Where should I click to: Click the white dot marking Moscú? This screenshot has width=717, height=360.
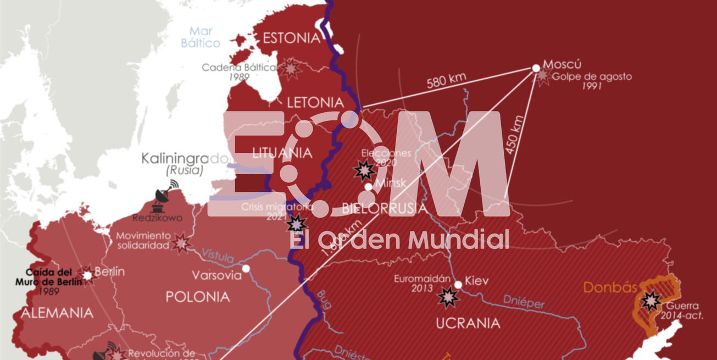click(536, 68)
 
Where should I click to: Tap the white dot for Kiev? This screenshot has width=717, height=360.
click(458, 285)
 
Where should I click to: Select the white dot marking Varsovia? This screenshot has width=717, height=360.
click(246, 269)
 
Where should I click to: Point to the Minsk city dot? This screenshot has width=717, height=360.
click(368, 187)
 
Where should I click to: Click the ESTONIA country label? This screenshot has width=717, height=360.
click(292, 38)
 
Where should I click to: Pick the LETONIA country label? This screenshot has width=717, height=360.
click(315, 102)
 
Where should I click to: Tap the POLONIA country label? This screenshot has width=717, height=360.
click(198, 297)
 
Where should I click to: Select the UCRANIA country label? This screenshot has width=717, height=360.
click(468, 323)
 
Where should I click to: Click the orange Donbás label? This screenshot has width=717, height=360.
click(610, 287)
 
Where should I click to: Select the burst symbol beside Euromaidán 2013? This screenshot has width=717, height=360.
click(448, 297)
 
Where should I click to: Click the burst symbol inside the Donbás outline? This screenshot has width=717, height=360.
click(652, 301)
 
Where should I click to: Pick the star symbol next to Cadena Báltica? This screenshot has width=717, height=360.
click(290, 69)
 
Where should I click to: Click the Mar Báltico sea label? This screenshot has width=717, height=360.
click(201, 37)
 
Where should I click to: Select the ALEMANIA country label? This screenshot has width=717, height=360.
click(57, 313)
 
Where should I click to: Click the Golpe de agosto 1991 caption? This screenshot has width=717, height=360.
click(592, 81)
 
